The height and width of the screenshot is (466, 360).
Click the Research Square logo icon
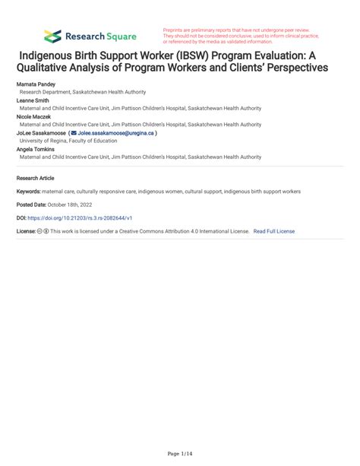(x=52, y=36)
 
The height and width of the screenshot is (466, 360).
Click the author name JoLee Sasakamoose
(x=40, y=132)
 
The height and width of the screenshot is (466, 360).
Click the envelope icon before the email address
(x=74, y=132)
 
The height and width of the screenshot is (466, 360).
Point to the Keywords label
(x=29, y=192)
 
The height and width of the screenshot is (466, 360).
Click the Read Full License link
(x=274, y=230)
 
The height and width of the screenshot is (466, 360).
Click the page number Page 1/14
(x=179, y=453)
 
